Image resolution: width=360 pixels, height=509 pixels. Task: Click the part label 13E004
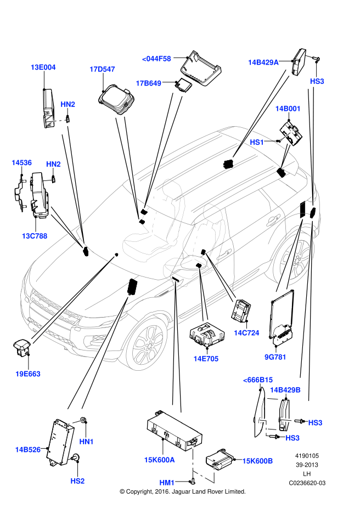tap(43, 67)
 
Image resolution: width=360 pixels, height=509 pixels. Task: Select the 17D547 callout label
tap(102, 69)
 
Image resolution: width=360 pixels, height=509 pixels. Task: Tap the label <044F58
tap(156, 58)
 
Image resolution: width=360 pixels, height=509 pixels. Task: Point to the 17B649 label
tap(149, 83)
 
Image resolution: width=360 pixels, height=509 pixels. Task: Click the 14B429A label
tap(263, 63)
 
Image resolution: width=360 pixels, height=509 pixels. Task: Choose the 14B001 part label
tap(288, 109)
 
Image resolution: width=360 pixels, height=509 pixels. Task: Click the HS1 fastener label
tap(257, 142)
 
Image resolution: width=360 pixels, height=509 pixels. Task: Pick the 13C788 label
tap(35, 236)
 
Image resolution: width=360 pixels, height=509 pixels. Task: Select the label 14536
tap(22, 163)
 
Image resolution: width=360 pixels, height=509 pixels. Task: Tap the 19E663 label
tap(28, 374)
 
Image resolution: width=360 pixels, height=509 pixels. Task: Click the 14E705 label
tap(206, 359)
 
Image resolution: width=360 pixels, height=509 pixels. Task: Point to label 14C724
tap(246, 333)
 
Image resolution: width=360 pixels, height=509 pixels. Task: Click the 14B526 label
tap(27, 450)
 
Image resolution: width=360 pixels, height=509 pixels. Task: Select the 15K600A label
tap(160, 460)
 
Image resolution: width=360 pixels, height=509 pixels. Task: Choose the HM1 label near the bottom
tap(167, 482)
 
